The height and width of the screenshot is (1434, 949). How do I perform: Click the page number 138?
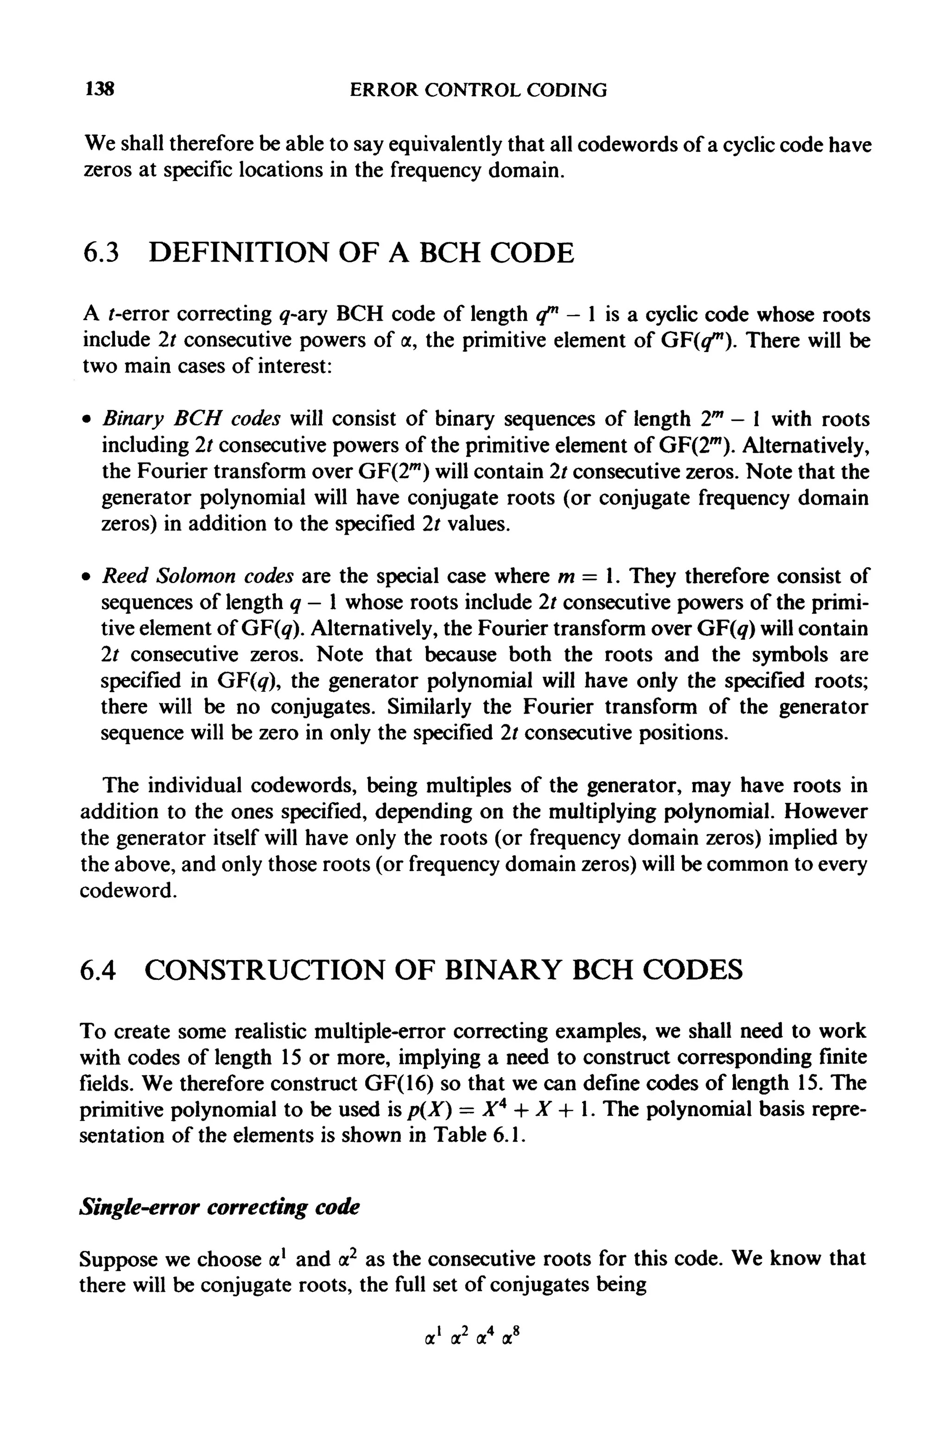pyautogui.click(x=100, y=90)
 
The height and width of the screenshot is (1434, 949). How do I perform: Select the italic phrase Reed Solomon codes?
pyautogui.click(x=198, y=575)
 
